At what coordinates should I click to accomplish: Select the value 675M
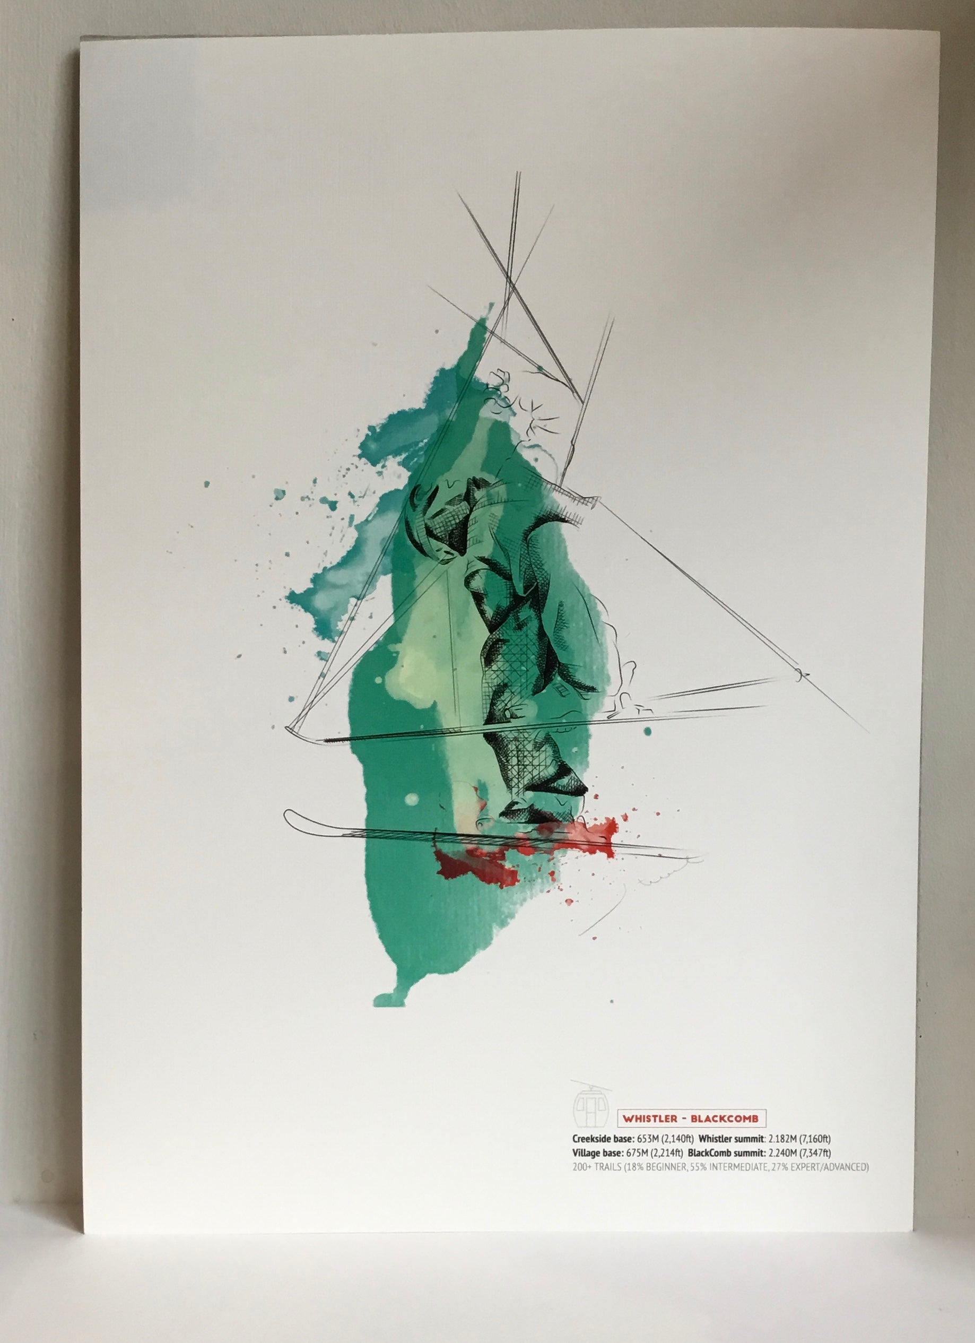tap(646, 1153)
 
